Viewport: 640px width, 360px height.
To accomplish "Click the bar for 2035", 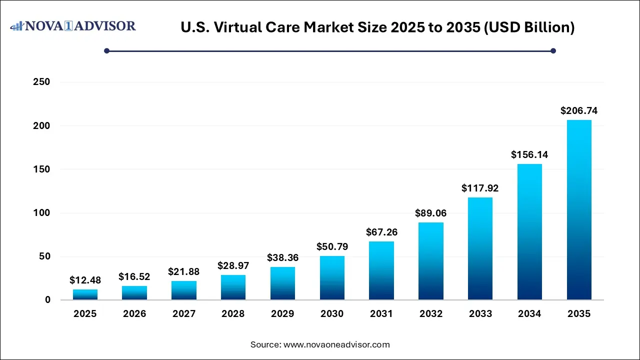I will [x=579, y=210].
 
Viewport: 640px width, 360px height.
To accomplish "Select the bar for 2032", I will [x=431, y=261].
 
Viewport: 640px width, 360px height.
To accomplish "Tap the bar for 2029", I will [x=282, y=283].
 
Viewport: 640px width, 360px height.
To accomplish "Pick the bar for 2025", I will [x=85, y=294].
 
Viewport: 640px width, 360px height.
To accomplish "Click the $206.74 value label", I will [x=579, y=111].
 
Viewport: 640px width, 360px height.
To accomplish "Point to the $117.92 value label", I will [x=480, y=188].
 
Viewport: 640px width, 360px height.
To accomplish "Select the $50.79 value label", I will [x=332, y=247].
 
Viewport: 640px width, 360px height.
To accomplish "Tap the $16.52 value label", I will [x=134, y=276].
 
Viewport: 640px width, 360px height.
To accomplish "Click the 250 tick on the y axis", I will [x=41, y=82].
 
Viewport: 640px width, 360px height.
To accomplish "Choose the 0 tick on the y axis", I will [x=47, y=300].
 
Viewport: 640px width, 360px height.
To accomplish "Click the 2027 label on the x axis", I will [x=184, y=314].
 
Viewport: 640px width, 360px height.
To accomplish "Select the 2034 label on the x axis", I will [x=529, y=314].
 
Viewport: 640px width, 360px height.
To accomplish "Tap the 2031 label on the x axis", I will [x=381, y=314].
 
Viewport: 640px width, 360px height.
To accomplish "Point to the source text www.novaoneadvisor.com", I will [x=336, y=344].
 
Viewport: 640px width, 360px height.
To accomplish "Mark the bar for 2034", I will [x=529, y=232].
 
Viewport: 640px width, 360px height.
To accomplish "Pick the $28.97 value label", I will [x=233, y=266].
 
